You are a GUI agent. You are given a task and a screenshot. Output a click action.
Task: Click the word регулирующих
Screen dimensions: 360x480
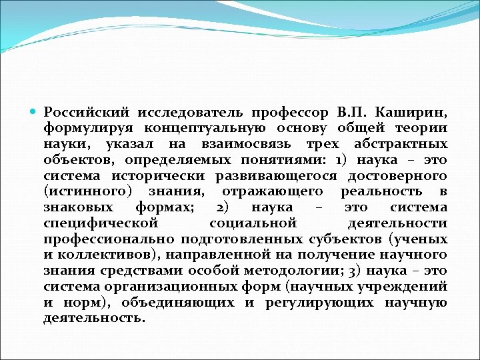(313, 303)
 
